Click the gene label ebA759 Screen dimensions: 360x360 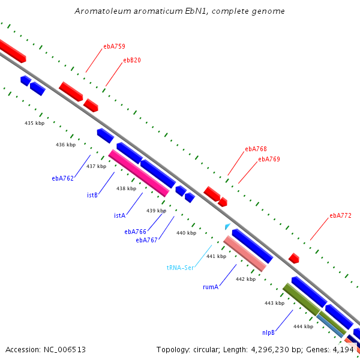[x=114, y=46]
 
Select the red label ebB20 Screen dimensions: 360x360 [x=132, y=60]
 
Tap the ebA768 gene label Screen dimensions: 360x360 [x=256, y=149]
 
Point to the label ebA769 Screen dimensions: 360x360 [x=269, y=159]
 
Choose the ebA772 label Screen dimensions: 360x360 [x=340, y=215]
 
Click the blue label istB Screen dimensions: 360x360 [x=92, y=195]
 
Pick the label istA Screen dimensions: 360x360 [x=119, y=215]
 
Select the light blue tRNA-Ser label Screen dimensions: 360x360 [x=180, y=268]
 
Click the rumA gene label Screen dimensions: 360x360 [x=211, y=287]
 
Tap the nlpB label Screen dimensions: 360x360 [x=268, y=332]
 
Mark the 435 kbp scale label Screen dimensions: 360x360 [x=34, y=123]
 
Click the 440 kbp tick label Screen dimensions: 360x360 [x=186, y=233]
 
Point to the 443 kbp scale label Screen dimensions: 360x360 [x=274, y=303]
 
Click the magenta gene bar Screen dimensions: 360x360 [x=139, y=173]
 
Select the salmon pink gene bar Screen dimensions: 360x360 [x=245, y=253]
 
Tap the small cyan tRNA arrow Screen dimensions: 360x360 [x=227, y=226]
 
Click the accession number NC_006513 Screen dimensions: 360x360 [x=65, y=350]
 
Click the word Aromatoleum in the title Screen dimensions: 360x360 [x=103, y=11]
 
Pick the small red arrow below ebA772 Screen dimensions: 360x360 [x=294, y=258]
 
